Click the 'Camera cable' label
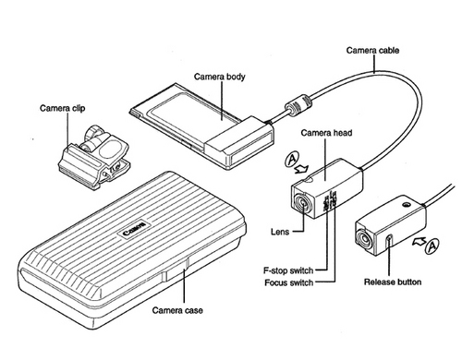click(x=372, y=50)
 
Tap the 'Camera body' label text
click(x=219, y=77)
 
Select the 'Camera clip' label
click(x=62, y=108)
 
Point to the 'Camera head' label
click(x=326, y=133)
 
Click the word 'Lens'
click(x=280, y=232)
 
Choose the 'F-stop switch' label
click(x=288, y=270)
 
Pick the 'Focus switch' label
click(x=289, y=282)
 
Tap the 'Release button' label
click(x=393, y=282)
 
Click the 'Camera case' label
click(x=177, y=310)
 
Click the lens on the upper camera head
click(x=303, y=203)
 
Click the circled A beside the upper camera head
click(x=292, y=160)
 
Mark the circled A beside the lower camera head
click(x=432, y=246)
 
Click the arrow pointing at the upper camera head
click(x=301, y=169)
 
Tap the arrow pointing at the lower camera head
click(x=419, y=240)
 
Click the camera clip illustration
click(x=94, y=156)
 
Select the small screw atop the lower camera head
click(x=407, y=205)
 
